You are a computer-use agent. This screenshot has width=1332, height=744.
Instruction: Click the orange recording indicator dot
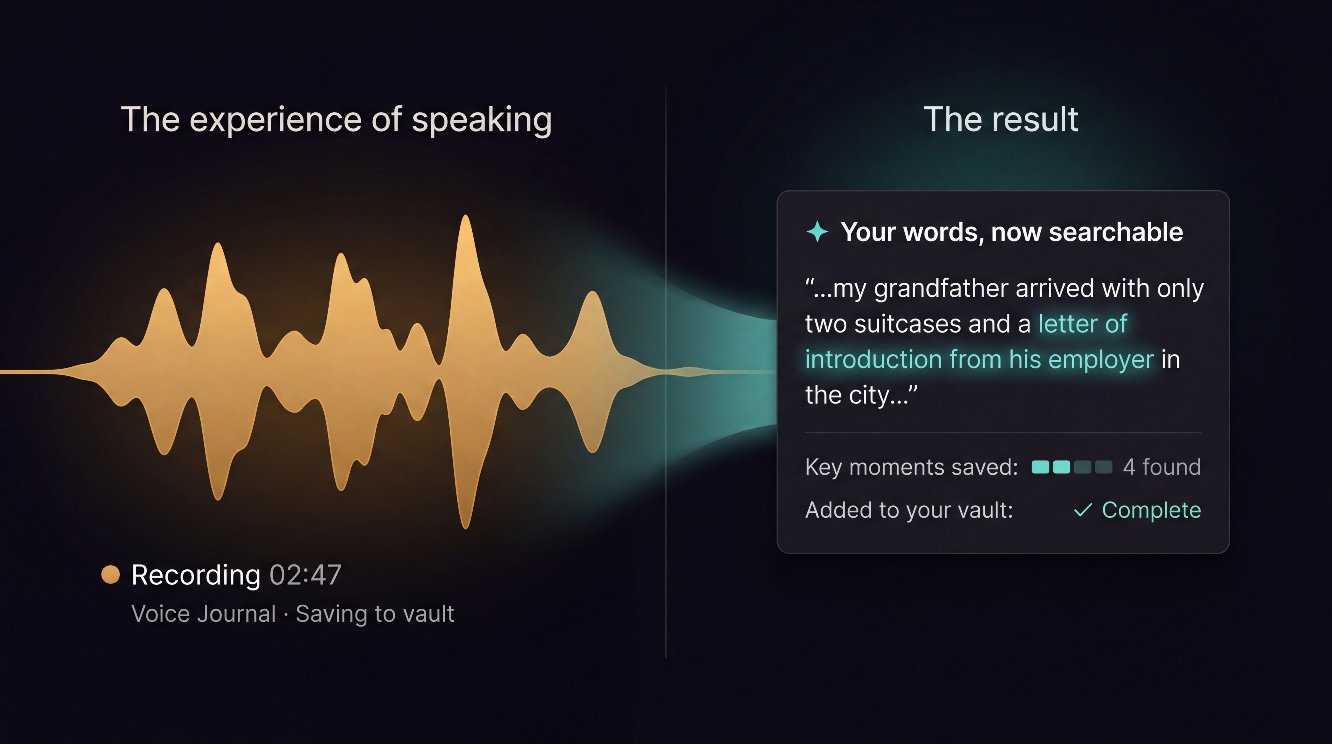click(x=110, y=574)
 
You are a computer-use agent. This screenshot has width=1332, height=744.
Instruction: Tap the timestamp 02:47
click(x=305, y=575)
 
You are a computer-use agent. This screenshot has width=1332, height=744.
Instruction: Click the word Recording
click(x=196, y=575)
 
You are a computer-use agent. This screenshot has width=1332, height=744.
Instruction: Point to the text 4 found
click(x=1161, y=467)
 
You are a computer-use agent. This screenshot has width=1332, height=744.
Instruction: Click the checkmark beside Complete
click(x=1083, y=510)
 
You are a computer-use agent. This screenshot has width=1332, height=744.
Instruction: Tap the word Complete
click(x=1151, y=510)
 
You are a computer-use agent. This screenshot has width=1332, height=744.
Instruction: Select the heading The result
click(x=1000, y=119)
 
